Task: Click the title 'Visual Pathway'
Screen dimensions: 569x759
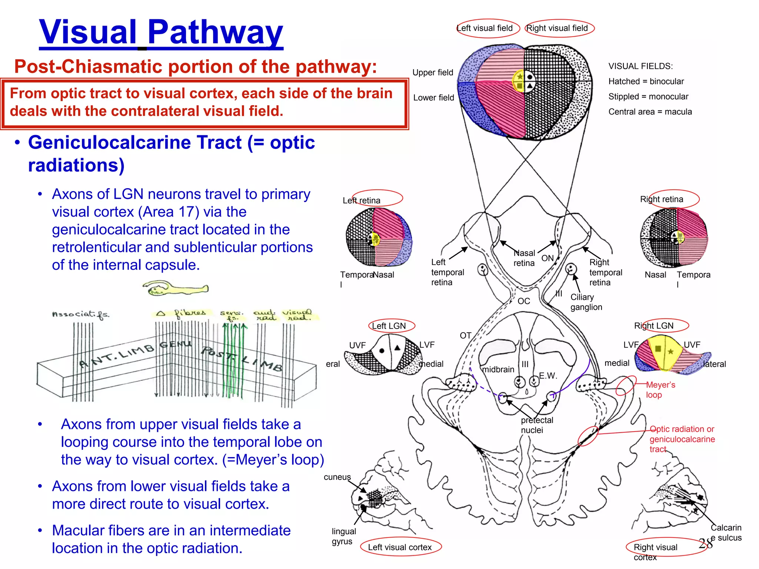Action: (161, 33)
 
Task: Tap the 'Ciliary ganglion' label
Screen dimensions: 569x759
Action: (586, 302)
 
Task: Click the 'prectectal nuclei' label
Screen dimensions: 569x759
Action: (536, 425)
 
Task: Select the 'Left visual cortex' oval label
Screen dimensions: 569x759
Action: (400, 547)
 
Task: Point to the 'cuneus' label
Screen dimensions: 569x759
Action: (337, 477)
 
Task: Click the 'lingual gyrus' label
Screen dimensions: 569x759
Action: (343, 536)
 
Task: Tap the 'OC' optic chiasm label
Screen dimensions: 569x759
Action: (523, 301)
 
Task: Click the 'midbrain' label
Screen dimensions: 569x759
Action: (498, 369)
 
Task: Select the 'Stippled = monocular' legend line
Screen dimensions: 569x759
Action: (648, 97)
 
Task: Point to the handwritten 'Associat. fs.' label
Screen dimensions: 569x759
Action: (80, 315)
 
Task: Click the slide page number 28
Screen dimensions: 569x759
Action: (705, 543)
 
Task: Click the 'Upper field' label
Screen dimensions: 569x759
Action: (432, 73)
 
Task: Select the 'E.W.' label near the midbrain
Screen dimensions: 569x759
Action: (548, 376)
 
